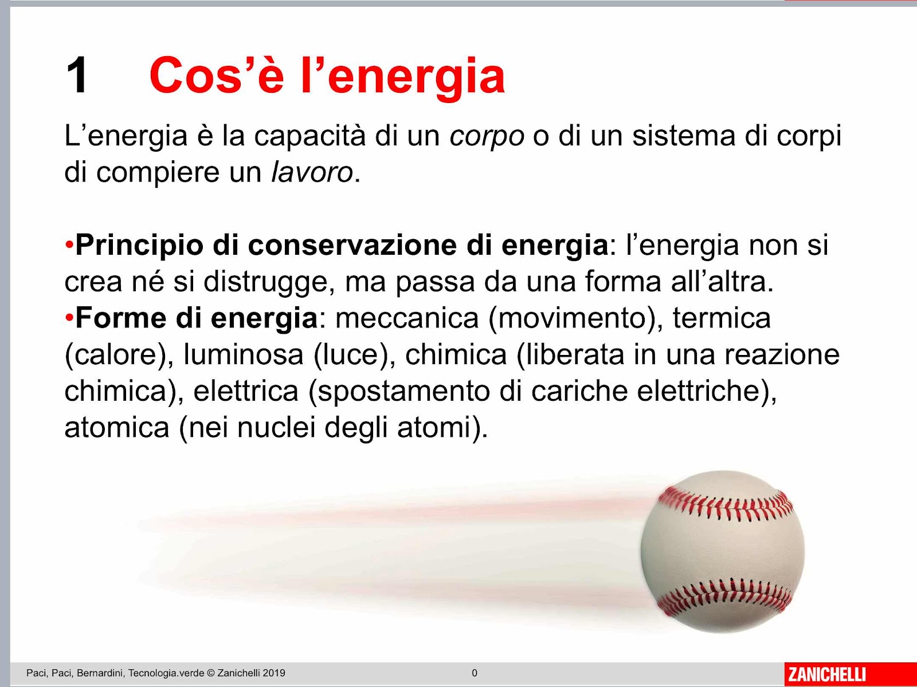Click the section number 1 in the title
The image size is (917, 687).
click(77, 76)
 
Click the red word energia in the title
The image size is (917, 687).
click(417, 78)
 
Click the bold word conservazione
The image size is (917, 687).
click(352, 245)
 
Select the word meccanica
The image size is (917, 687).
click(407, 318)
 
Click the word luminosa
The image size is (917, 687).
click(244, 355)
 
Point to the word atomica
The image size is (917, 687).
click(117, 428)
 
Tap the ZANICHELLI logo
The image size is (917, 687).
click(827, 674)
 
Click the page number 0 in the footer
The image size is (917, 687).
click(475, 673)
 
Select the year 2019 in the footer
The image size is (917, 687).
click(274, 673)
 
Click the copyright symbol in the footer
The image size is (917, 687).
click(210, 673)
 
